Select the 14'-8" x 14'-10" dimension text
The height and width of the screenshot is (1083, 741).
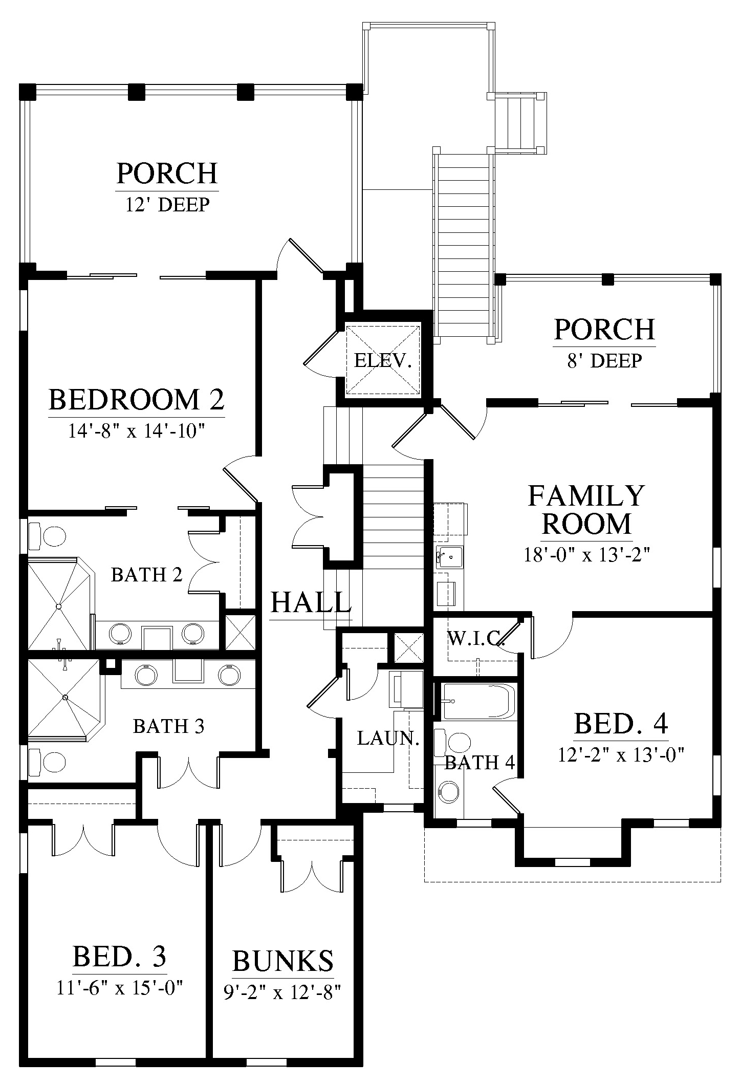137,431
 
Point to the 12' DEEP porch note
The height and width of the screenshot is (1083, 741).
167,205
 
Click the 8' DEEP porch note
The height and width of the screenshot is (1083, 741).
604,361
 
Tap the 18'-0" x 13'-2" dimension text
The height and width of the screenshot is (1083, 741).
586,555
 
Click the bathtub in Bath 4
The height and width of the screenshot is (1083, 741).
477,701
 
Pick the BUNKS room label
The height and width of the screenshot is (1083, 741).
283,961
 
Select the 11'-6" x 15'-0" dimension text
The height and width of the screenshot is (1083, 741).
120,987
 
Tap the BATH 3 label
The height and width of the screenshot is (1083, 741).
168,726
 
